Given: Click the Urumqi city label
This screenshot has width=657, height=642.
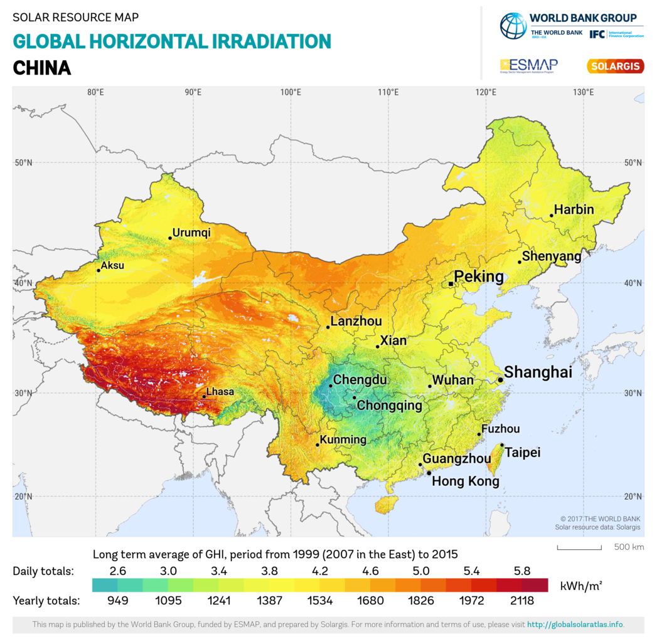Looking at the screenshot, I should point(191,233).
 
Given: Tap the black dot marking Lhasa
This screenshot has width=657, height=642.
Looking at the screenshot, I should point(204,396).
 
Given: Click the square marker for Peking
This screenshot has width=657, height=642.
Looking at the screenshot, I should point(451,284).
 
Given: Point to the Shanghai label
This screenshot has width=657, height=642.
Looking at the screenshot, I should point(538,372).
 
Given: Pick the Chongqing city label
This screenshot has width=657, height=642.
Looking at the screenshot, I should point(389,406).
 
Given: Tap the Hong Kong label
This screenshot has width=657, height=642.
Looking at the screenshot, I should point(466,481).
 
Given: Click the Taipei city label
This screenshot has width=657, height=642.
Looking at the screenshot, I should point(523,452).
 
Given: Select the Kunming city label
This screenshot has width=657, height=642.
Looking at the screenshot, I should point(343,439).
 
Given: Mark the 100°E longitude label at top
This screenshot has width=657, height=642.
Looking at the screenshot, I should point(291,92).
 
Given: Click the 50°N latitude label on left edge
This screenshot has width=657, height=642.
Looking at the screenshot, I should point(23,162).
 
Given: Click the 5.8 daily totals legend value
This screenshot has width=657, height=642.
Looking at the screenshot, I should point(522,571).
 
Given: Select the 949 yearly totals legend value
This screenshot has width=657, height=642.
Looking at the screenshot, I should point(117,601).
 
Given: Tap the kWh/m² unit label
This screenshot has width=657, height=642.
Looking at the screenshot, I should point(580,586).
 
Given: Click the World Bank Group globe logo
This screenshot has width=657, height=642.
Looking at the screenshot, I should point(513,26).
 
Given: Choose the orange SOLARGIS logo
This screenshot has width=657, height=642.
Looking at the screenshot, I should point(615,65).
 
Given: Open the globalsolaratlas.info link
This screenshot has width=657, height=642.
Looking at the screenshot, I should point(575,624).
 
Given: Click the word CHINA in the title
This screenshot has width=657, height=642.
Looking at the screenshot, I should point(42,67).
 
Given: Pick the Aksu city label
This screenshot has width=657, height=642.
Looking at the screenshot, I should point(112,265).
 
